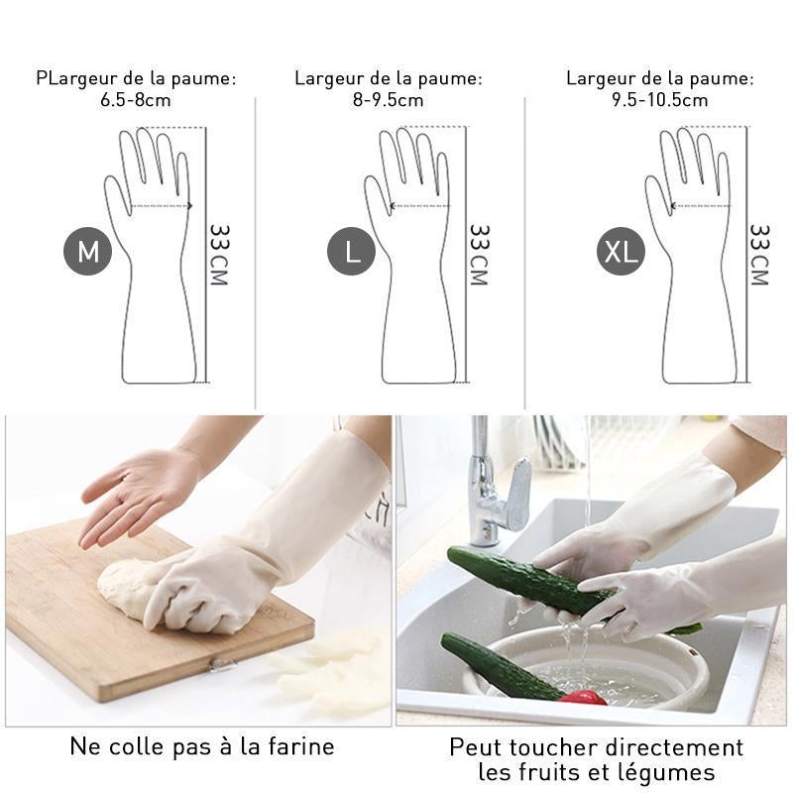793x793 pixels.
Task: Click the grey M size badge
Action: point(87,251)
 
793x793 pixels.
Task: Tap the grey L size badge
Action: point(352,251)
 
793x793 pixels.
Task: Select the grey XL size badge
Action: point(621,251)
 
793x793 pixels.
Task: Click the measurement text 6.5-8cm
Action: point(136,100)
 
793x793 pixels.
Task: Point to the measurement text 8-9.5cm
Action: point(388,100)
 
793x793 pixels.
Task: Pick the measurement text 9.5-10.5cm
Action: point(660,100)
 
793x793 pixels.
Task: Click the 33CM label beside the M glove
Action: point(219,255)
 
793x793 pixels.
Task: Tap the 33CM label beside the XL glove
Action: point(759,255)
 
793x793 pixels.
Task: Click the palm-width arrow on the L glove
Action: point(419,206)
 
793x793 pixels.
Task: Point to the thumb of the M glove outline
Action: point(117,194)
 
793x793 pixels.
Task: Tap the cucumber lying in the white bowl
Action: point(501,666)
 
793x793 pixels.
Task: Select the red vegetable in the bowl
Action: point(582,698)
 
